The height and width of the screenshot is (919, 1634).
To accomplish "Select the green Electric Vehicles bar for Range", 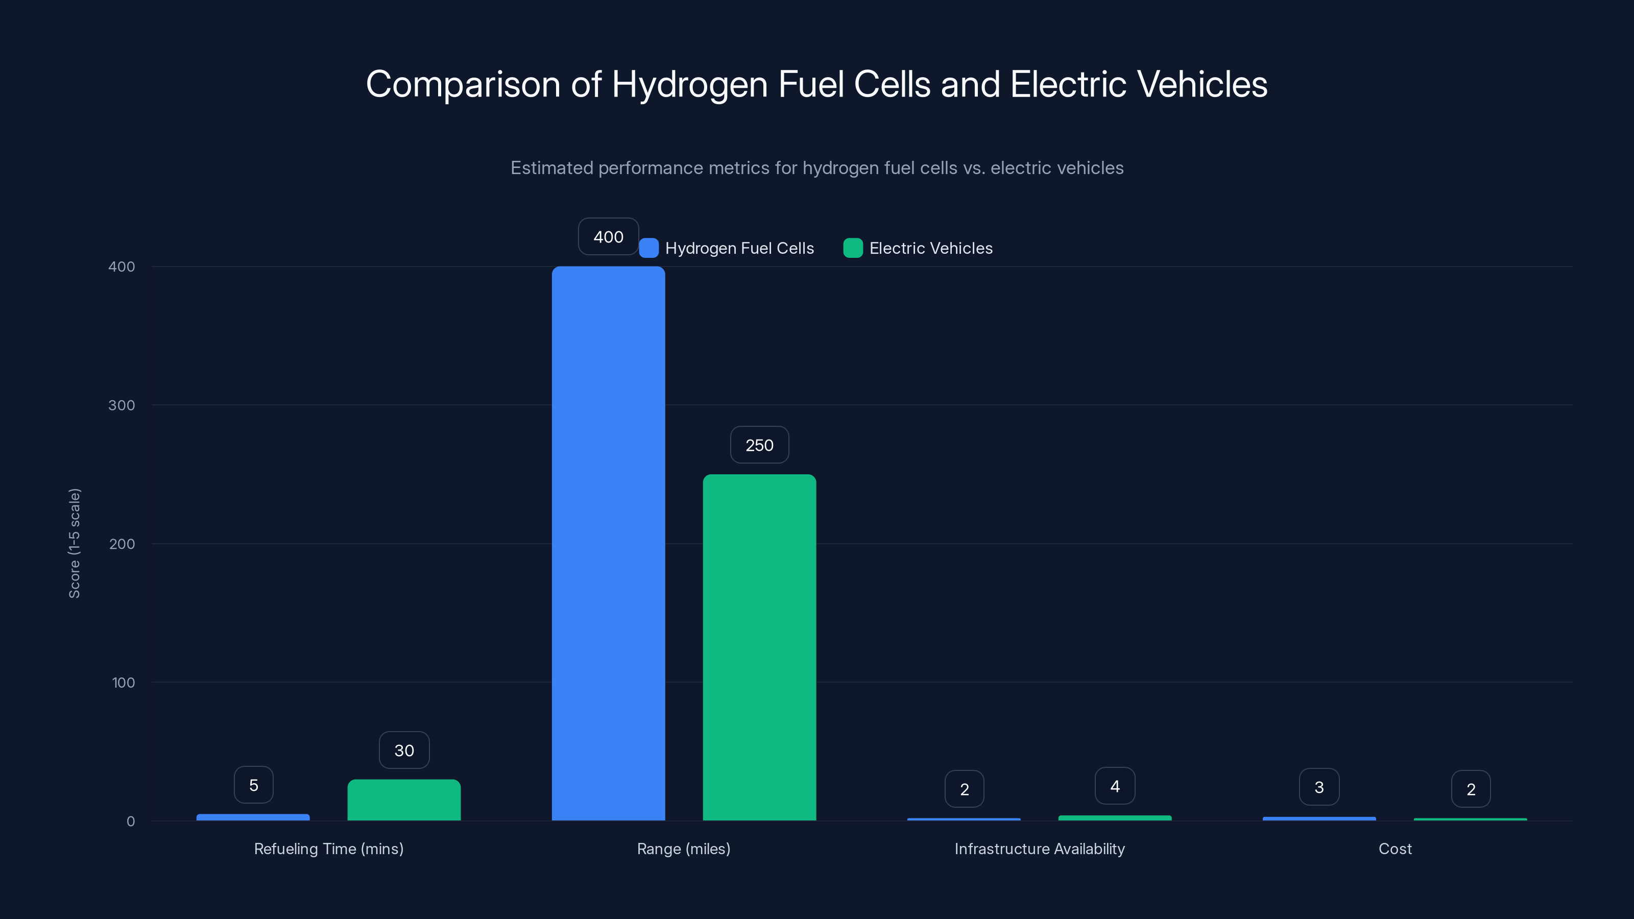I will [759, 647].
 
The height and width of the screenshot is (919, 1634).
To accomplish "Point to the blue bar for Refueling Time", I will [253, 817].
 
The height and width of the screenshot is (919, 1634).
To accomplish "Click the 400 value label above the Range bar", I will [608, 236].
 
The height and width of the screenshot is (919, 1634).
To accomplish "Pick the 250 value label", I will [759, 445].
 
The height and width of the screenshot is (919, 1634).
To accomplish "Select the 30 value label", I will [404, 751].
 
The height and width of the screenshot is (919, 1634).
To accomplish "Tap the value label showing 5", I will [254, 785].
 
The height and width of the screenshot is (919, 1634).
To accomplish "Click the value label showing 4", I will [1115, 786].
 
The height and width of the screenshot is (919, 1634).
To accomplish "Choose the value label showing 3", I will [1319, 787].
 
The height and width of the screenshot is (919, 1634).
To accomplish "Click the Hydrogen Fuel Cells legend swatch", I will [649, 248].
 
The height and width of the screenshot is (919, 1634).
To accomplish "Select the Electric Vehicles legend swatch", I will [853, 248].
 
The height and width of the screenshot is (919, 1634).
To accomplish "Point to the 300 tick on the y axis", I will [122, 405].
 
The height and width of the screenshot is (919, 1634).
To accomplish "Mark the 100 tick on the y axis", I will [123, 683].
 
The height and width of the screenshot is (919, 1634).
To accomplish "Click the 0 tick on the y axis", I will [131, 821].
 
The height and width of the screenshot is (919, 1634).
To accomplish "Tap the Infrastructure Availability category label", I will [1040, 849].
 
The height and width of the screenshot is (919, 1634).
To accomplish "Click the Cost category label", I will [1395, 849].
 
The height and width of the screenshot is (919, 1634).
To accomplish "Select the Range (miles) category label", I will [684, 849].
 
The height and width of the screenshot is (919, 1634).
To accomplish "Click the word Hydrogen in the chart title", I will [689, 84].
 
